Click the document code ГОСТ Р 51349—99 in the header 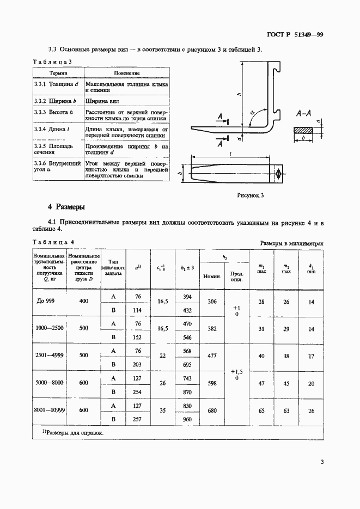tap(296, 35)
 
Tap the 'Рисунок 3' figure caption tap(251, 195)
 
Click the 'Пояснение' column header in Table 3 tap(127, 72)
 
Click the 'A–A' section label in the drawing tap(303, 114)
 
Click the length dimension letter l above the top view tap(231, 155)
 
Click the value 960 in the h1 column tap(187, 420)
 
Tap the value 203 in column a tap(138, 365)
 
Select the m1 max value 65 tap(261, 411)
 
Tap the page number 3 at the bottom tap(322, 463)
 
